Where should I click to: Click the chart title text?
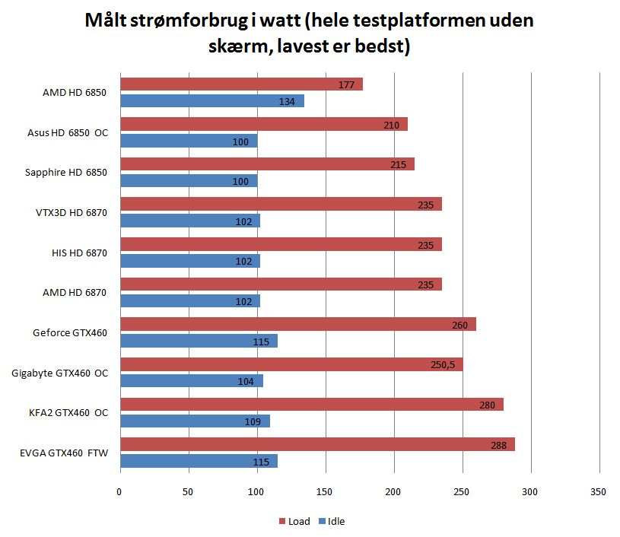click(x=310, y=33)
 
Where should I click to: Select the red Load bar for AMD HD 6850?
click(x=241, y=84)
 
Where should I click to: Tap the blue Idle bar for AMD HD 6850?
click(x=211, y=101)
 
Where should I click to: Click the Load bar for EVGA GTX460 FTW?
click(x=317, y=444)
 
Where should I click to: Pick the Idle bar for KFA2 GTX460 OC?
click(x=195, y=421)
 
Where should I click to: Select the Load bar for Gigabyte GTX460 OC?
click(x=291, y=364)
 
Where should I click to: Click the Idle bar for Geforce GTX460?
click(x=199, y=341)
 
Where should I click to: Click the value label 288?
click(x=500, y=444)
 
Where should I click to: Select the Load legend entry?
click(x=293, y=521)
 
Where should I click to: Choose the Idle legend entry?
click(x=332, y=521)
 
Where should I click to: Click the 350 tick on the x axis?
click(x=599, y=492)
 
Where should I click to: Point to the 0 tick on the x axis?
click(x=119, y=492)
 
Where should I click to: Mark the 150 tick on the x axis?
click(x=326, y=492)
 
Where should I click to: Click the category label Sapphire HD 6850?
click(x=67, y=173)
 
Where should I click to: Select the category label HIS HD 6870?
click(x=76, y=253)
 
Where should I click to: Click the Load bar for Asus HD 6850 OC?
click(x=263, y=124)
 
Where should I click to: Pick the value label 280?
click(x=488, y=405)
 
